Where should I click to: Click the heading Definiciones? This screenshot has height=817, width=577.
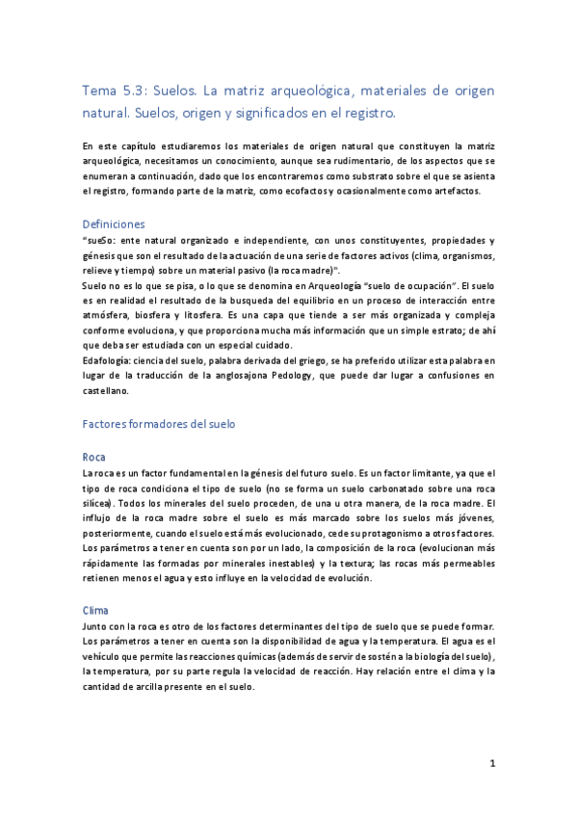pos(114,224)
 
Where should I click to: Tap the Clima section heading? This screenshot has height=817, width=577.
pos(95,610)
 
